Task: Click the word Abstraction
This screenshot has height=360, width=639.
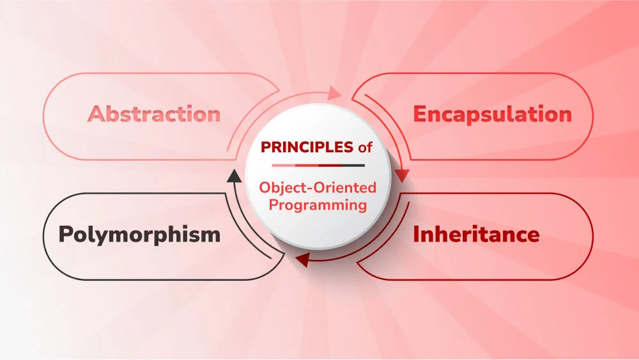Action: [x=154, y=114]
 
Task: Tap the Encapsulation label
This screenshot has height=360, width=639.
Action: [x=492, y=114]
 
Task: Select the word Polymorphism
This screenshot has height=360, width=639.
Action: [x=139, y=235]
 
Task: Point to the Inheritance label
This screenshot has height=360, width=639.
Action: [x=476, y=235]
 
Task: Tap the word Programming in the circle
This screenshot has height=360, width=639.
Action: [x=318, y=205]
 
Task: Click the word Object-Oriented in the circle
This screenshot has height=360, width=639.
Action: [x=318, y=189]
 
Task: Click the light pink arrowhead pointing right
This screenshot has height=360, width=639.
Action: [x=336, y=94]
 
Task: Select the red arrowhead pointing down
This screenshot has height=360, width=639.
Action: [x=402, y=175]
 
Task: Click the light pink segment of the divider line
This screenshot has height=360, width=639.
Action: [x=284, y=166]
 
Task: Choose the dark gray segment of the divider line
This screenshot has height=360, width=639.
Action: [x=353, y=166]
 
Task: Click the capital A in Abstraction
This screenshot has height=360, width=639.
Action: [x=95, y=114]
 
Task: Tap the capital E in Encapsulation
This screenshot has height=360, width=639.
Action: [x=420, y=114]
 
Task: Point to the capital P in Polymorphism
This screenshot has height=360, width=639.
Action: [x=65, y=235]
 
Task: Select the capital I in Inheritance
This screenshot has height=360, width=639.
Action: [x=416, y=235]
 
